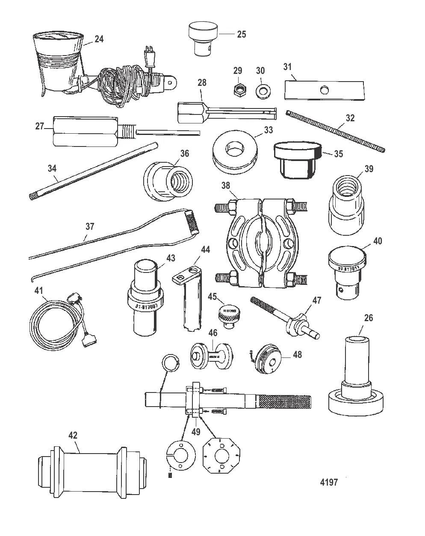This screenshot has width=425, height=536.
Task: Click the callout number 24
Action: coord(99,39)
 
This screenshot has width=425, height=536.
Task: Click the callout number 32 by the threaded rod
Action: coord(350,118)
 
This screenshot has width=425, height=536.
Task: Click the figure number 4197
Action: coord(329,482)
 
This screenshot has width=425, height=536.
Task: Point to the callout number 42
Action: coord(73,435)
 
